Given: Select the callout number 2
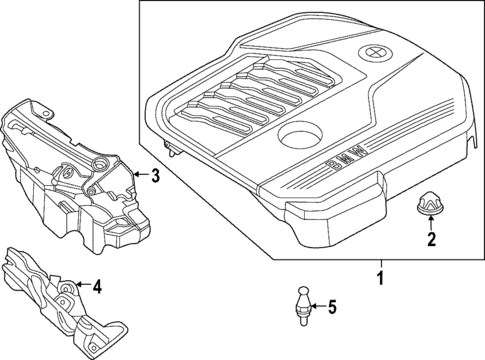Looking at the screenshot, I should tap(432, 239).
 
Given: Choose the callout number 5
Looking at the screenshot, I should tap(333, 307).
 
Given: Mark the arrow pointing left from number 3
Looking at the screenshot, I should tap(138, 178).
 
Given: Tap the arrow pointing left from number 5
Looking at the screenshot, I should tap(318, 307).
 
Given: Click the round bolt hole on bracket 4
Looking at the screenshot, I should tap(66, 291).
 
